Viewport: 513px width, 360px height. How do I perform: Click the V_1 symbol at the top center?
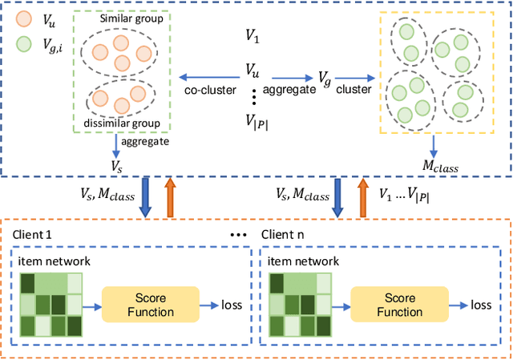[253, 36]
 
